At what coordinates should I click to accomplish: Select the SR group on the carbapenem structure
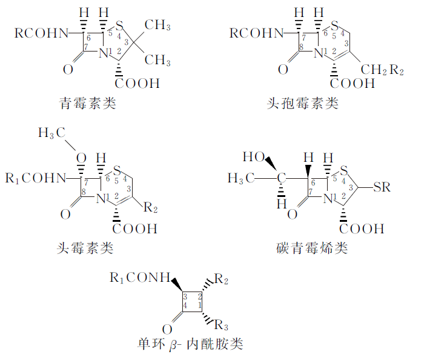point(382,187)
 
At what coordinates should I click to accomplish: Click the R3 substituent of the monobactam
point(222,322)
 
